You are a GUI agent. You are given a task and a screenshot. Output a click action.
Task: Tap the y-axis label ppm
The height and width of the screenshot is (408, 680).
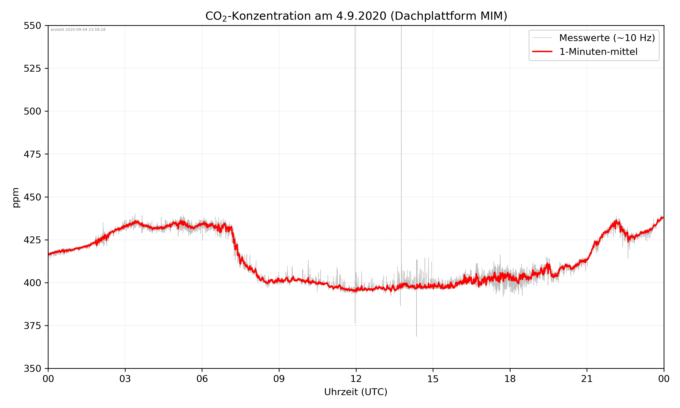point(16,197)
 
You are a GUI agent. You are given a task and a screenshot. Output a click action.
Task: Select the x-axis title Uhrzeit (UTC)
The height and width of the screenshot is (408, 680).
point(356,392)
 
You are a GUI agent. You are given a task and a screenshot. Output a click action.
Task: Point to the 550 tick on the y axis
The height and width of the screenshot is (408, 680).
point(32,26)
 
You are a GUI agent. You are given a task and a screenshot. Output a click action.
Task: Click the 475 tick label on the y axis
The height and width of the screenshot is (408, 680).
point(32,154)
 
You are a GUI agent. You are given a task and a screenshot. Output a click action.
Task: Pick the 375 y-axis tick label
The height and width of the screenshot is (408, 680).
point(32,326)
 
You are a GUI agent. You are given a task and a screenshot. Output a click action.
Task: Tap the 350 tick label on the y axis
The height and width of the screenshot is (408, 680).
point(32,368)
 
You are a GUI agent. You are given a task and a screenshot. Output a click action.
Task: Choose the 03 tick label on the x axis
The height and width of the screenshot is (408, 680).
point(125,379)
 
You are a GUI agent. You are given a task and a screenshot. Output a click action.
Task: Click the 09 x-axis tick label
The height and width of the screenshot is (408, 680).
point(279,379)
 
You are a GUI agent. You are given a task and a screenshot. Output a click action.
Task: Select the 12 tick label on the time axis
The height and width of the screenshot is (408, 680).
point(356,379)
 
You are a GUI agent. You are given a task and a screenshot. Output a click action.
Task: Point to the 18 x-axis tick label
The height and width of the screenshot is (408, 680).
point(510,379)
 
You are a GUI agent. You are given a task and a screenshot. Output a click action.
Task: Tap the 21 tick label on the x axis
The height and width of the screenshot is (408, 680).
point(587,379)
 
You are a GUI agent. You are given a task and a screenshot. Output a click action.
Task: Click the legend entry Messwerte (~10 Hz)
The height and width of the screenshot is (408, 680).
point(607,38)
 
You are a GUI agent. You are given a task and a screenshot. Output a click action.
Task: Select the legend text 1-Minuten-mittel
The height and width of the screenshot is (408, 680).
point(598,52)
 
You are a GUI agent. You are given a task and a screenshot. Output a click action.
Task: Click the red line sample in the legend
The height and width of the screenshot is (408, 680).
point(542,51)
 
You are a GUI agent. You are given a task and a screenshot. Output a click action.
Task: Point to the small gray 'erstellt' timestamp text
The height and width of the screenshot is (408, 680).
point(78,30)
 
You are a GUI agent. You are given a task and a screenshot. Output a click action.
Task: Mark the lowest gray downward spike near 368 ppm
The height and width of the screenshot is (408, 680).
point(416,335)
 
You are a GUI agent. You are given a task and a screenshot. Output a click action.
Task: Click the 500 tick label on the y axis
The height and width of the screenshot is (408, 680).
point(32,111)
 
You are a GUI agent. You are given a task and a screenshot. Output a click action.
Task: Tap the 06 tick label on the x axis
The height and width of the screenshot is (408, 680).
point(202,379)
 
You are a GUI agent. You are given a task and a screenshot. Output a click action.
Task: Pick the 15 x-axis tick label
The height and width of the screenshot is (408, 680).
point(433,379)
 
